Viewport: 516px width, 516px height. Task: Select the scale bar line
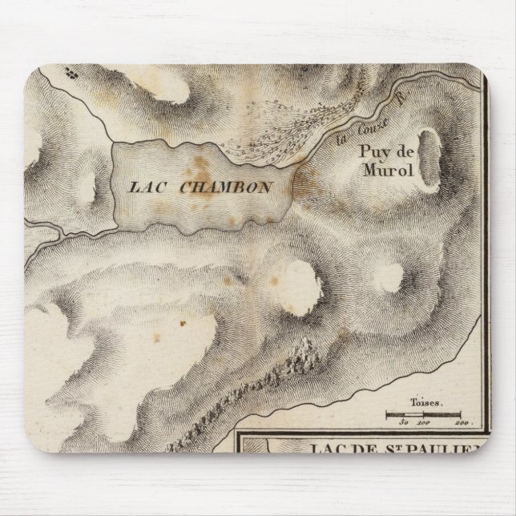(x=423, y=414)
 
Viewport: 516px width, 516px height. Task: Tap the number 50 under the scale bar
(x=405, y=421)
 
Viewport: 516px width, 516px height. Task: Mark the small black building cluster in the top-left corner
(x=72, y=72)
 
